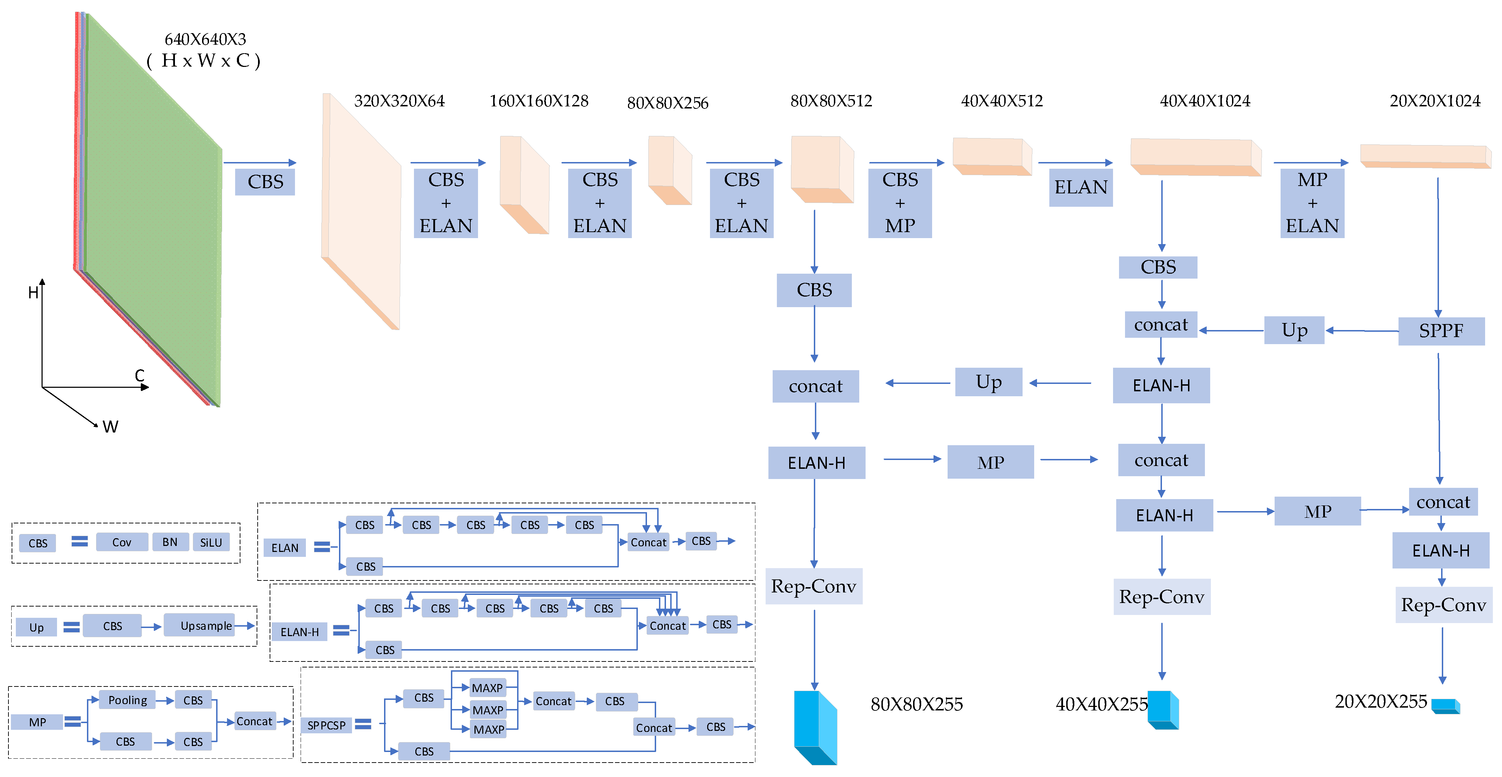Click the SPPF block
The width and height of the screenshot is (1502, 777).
coord(1441,331)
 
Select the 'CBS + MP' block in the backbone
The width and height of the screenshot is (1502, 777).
coord(900,203)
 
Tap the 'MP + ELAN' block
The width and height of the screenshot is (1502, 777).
coord(1312,203)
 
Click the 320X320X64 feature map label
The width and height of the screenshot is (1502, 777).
coord(400,101)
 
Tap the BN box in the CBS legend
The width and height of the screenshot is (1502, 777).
coord(170,542)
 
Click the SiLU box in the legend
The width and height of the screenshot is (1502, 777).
coord(211,542)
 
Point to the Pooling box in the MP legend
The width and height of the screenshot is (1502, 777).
coord(128,700)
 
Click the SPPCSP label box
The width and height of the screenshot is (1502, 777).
coord(327,725)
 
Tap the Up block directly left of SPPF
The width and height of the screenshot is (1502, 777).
coord(1294,330)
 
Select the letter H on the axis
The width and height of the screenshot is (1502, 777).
coord(33,293)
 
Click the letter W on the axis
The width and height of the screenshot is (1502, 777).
coord(110,427)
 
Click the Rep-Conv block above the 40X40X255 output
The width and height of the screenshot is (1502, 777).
coord(1162,597)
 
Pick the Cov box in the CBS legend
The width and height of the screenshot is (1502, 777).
coord(121,542)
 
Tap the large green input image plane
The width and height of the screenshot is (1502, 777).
coord(153,210)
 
